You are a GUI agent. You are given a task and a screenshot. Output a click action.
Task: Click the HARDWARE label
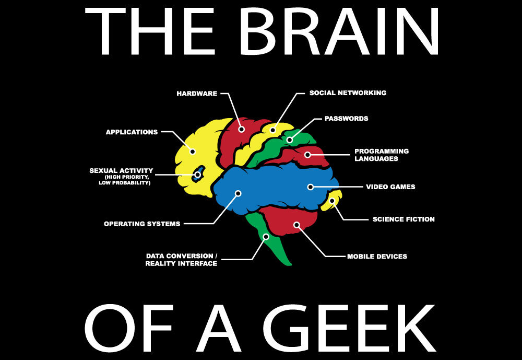coord(197,94)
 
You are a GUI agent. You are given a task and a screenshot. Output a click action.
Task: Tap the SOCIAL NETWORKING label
coord(348,93)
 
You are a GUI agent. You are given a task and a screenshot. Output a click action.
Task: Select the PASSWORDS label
coord(347,119)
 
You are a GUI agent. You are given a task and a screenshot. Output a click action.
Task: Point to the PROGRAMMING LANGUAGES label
coord(382,155)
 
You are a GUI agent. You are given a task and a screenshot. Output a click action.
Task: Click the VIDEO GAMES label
coord(390,187)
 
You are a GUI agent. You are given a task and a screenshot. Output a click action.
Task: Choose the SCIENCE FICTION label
coord(404,219)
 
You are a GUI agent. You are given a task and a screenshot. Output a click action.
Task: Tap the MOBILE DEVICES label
coord(377,257)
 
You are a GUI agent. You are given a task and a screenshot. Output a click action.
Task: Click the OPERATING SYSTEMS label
coord(142,224)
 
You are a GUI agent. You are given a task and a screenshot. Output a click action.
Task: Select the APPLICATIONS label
coord(132,132)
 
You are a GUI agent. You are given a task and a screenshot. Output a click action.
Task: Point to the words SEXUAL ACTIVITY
coord(121,171)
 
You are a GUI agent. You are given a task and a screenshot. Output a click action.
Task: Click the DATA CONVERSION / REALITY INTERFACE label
coord(182,260)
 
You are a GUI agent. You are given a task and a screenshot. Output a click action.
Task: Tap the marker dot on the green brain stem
coord(266,237)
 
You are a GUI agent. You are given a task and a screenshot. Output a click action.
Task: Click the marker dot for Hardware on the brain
coord(242,129)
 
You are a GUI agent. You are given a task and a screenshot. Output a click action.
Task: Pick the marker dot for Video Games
coord(311,187)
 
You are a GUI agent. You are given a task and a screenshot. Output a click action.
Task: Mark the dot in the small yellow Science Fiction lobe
coord(332,201)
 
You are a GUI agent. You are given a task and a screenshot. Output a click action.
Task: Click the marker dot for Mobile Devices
coord(296,225)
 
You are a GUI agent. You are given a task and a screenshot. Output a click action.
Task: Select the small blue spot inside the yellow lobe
coord(198,174)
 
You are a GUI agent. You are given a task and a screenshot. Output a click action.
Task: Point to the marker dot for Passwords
coord(290,140)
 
